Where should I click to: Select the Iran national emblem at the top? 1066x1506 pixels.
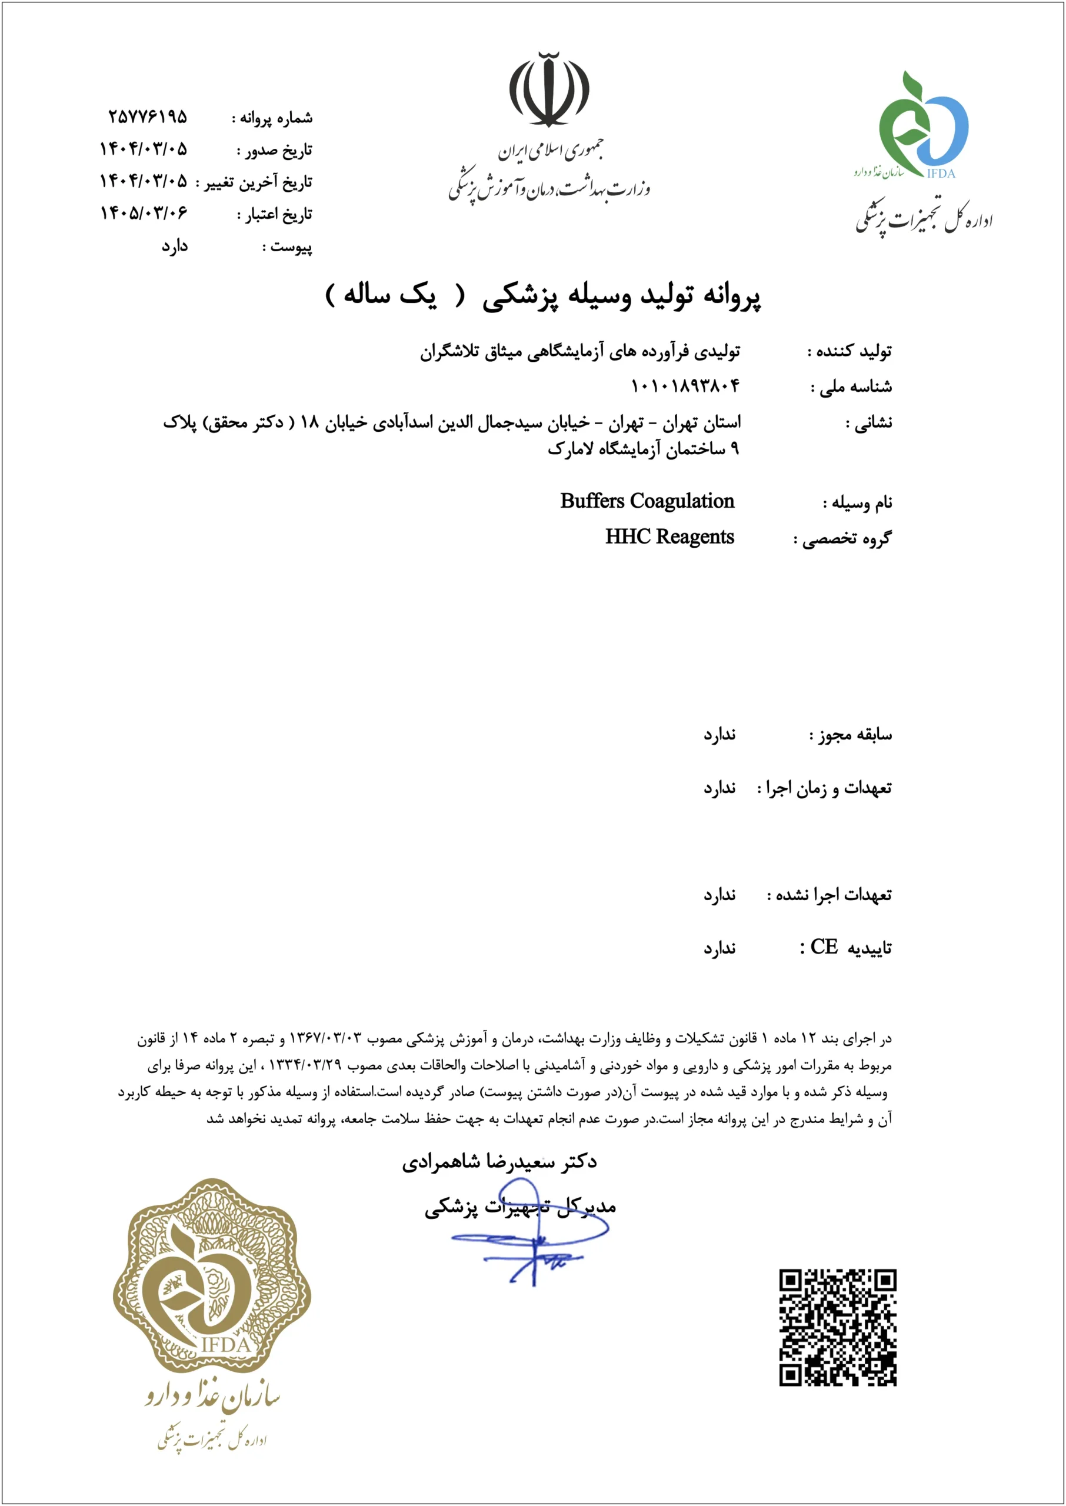pos(549,89)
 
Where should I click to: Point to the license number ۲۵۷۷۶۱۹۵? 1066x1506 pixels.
pos(148,118)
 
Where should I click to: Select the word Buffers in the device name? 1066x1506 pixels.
pos(592,501)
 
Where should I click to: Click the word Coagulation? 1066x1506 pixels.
pos(682,501)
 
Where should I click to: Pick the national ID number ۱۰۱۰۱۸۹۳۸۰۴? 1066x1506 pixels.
pos(685,386)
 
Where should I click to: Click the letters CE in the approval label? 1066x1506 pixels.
pos(824,947)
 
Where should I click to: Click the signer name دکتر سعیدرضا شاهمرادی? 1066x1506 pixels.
pos(499,1162)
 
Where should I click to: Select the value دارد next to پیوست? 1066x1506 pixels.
pos(175,246)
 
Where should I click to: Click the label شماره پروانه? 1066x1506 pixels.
pos(277,118)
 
